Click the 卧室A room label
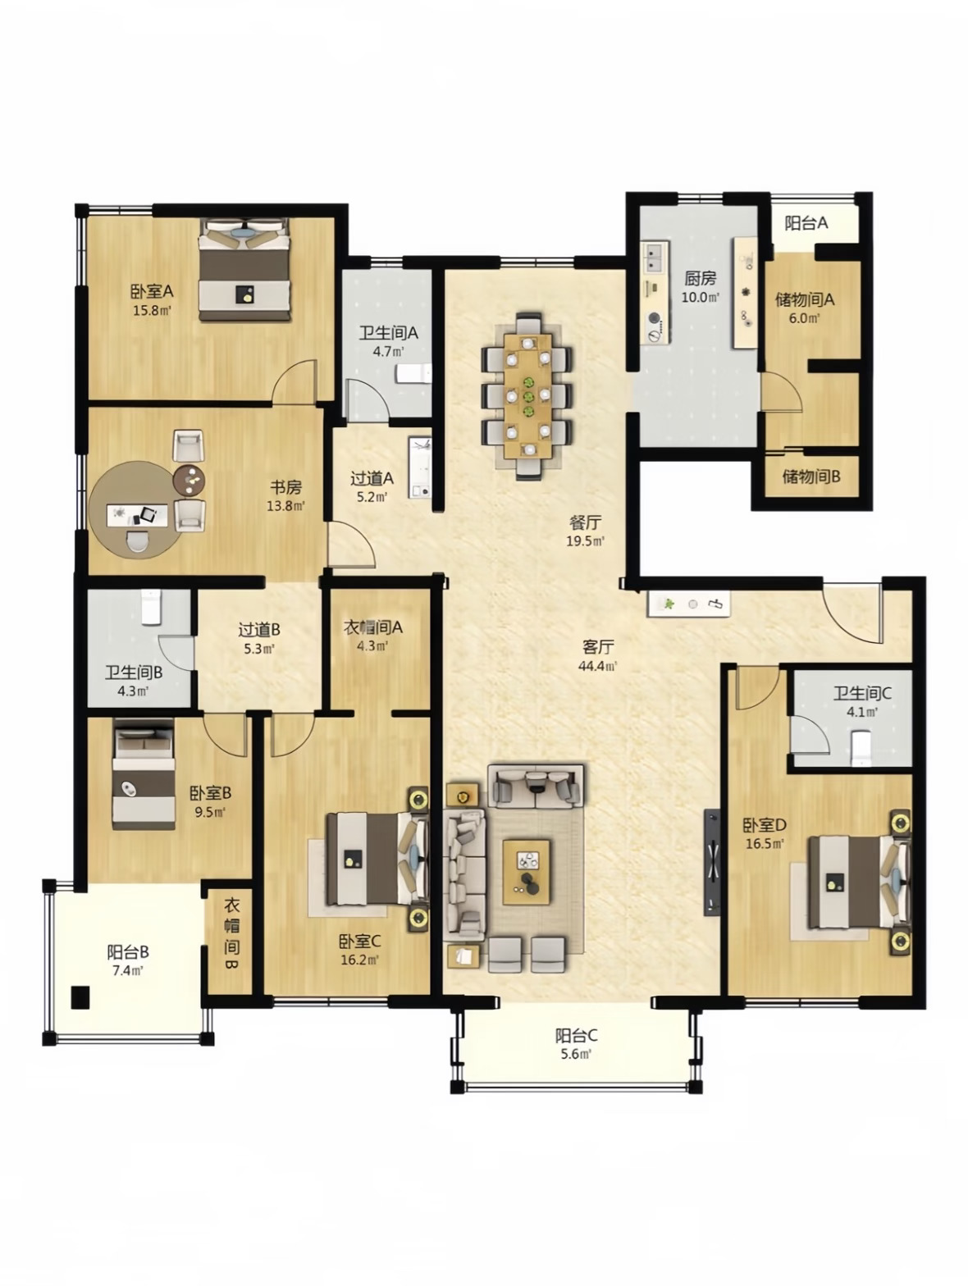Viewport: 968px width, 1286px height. pyautogui.click(x=153, y=291)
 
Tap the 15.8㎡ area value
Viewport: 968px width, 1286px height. pyautogui.click(x=152, y=311)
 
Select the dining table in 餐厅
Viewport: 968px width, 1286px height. pyautogui.click(x=528, y=395)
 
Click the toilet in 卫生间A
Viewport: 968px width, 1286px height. pyautogui.click(x=413, y=373)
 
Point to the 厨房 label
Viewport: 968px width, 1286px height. pyautogui.click(x=700, y=278)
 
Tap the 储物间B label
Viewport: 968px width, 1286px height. pyautogui.click(x=811, y=477)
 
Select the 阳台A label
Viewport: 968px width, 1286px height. pyautogui.click(x=806, y=222)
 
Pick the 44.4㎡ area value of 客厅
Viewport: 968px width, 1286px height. pyautogui.click(x=598, y=666)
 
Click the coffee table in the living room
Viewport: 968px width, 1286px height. pyautogui.click(x=526, y=872)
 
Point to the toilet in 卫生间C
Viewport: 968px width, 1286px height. pyautogui.click(x=861, y=748)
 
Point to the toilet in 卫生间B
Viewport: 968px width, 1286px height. pyautogui.click(x=151, y=608)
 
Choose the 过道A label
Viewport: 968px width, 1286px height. pyautogui.click(x=372, y=479)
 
